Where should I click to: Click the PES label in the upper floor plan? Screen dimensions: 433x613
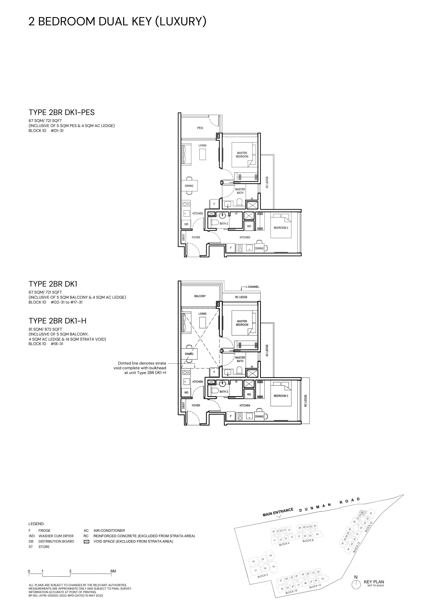click(200, 128)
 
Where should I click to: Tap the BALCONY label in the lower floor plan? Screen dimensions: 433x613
click(200, 296)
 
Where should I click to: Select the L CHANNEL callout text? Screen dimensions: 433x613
click(252, 287)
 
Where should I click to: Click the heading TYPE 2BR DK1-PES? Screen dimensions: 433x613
click(62, 112)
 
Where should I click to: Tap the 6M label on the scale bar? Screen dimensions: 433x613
click(113, 571)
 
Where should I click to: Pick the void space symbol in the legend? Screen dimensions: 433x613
click(86, 542)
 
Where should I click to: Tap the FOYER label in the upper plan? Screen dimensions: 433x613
click(196, 237)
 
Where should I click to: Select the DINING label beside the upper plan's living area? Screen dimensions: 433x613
click(189, 186)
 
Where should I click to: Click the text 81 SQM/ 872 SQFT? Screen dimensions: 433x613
click(45, 329)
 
